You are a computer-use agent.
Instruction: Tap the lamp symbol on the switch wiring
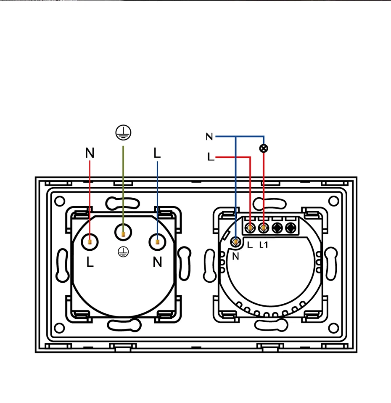click(x=264, y=148)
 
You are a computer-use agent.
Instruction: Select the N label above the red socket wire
click(x=90, y=153)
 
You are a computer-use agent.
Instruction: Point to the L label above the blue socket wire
click(x=157, y=153)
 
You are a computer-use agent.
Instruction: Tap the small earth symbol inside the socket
click(x=122, y=252)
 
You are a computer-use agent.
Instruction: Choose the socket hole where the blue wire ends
click(x=157, y=242)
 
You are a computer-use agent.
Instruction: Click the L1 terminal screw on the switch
click(x=264, y=228)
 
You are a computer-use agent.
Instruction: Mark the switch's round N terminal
click(x=236, y=241)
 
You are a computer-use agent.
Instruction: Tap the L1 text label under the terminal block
click(x=264, y=245)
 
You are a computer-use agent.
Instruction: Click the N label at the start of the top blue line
click(x=209, y=137)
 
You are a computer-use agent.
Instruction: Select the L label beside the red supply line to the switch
click(x=211, y=157)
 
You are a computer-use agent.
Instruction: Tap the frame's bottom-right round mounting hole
click(x=333, y=329)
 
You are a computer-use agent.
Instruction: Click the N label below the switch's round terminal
click(x=235, y=256)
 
